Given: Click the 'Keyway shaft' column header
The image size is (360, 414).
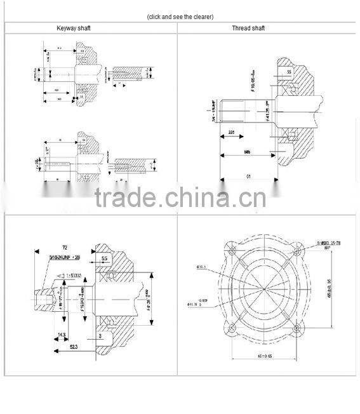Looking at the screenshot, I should click(x=90, y=28).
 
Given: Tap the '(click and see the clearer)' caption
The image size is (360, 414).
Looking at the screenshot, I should click(x=180, y=16).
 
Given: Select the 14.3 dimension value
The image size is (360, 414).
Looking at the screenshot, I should click(x=62, y=334).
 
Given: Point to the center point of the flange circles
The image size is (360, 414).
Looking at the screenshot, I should click(x=263, y=289).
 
